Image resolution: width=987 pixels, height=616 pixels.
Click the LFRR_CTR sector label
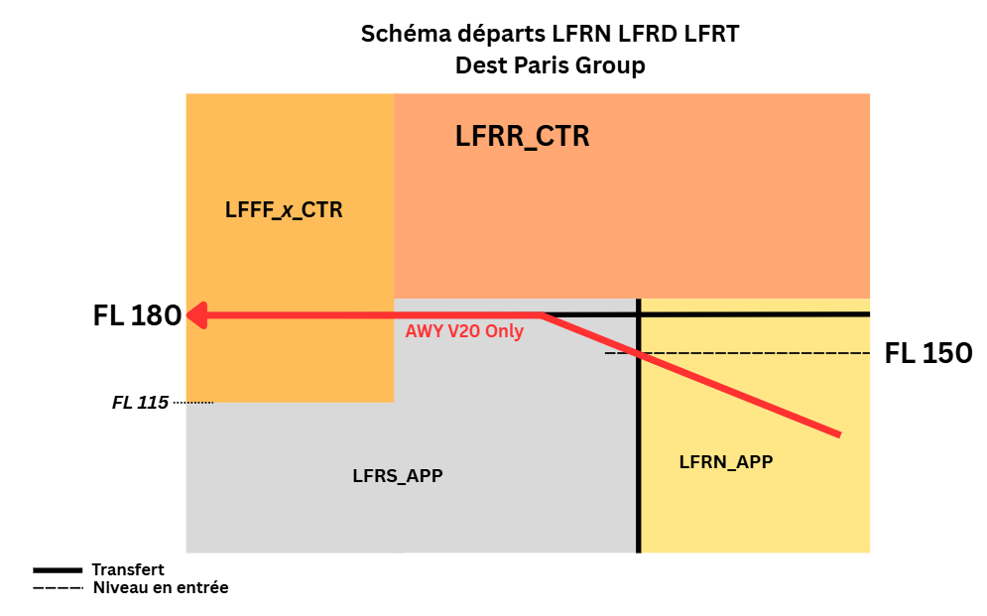click(522, 136)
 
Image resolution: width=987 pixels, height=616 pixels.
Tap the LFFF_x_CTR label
click(284, 210)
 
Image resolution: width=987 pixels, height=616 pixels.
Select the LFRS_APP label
click(397, 475)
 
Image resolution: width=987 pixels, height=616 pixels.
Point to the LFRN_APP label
click(725, 461)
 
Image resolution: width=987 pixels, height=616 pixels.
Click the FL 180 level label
click(137, 316)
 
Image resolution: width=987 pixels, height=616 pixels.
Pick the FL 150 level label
click(927, 353)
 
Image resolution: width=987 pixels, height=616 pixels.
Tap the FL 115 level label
click(140, 403)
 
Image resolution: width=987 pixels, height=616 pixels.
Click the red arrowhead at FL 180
click(196, 315)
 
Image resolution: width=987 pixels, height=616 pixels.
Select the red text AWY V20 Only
click(464, 332)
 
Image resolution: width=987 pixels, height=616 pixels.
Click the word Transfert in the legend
click(128, 569)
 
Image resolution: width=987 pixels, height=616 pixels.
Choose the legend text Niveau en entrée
click(161, 587)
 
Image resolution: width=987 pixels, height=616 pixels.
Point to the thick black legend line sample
click(57, 570)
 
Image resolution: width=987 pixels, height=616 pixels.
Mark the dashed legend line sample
click(57, 588)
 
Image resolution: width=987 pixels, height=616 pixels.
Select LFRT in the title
click(710, 35)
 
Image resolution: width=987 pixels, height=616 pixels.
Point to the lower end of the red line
click(839, 434)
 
